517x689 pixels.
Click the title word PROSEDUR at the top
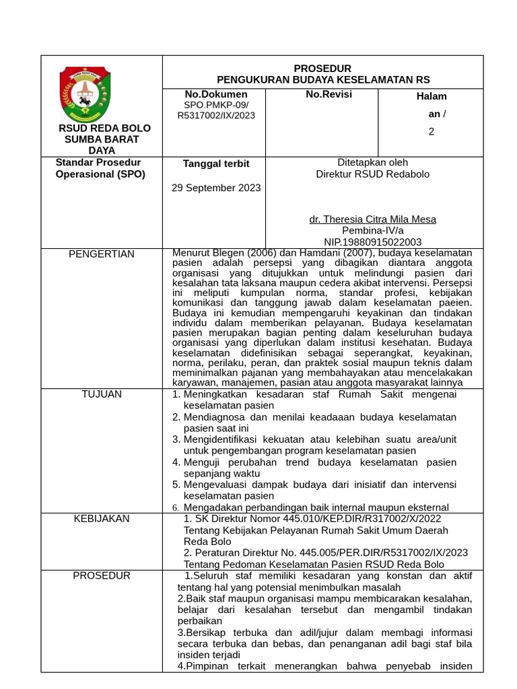pos(322,69)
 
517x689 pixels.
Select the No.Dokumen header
pos(216,94)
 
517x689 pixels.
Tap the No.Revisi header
pos(329,94)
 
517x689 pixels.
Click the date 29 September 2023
pos(216,188)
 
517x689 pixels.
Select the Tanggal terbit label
pos(216,164)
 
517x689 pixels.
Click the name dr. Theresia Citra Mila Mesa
pos(372,219)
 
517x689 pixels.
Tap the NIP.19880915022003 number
pos(372,242)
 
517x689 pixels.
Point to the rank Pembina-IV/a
pos(372,230)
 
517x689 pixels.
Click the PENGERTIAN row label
pos(102,254)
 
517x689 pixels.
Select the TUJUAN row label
pos(102,394)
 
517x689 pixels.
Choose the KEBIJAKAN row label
pos(102,519)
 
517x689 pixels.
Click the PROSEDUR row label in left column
pos(102,576)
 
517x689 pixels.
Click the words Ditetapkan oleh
pos(372,162)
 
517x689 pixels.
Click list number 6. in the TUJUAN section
pos(175,508)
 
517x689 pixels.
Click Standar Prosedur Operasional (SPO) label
pos(100,168)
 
